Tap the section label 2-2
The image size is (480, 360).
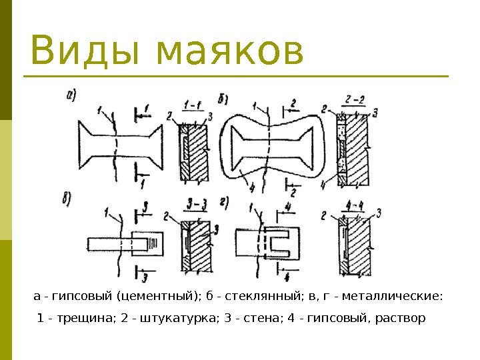355,101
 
